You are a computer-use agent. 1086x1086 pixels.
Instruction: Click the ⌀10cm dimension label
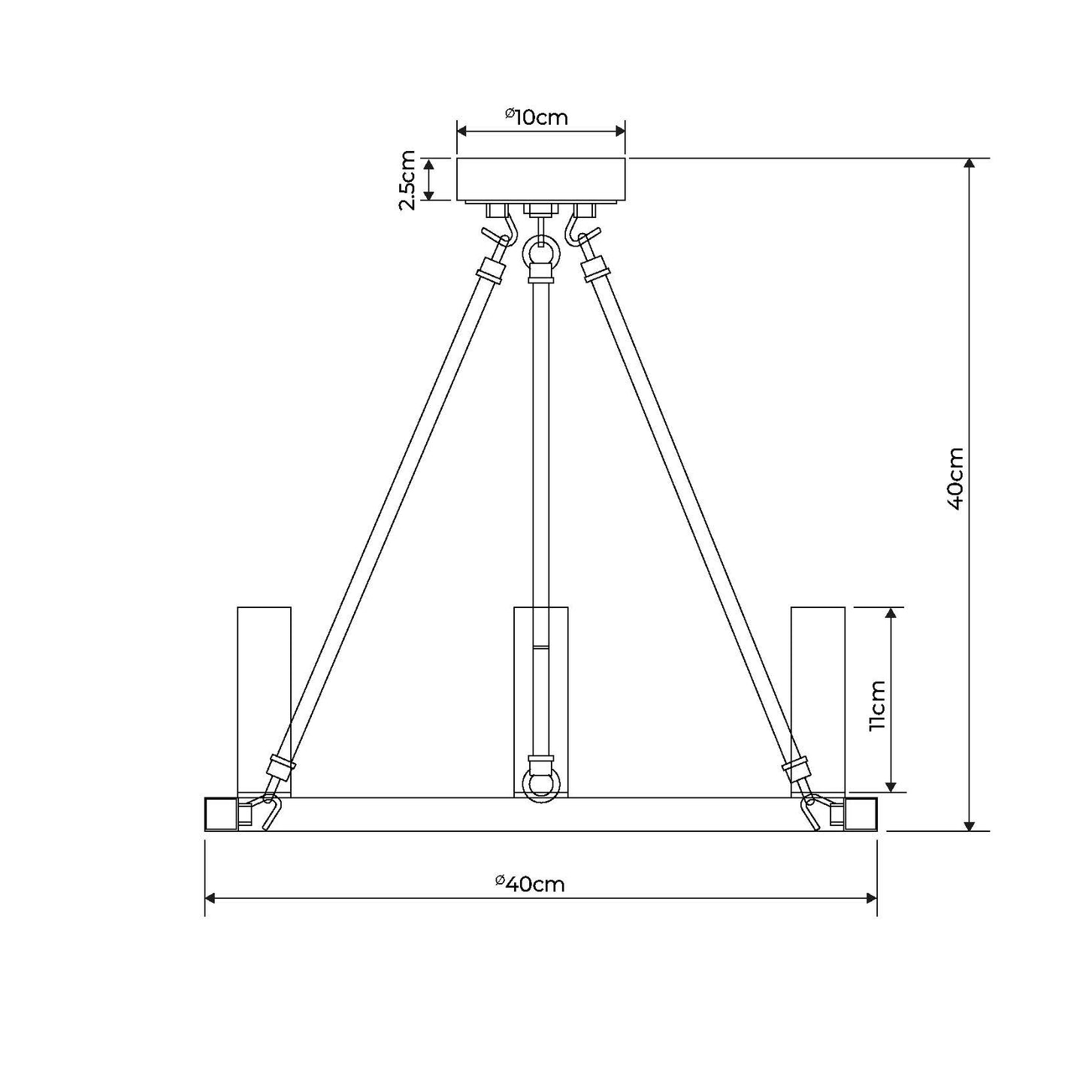[x=536, y=116]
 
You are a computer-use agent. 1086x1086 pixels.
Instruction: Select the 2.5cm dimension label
[x=407, y=180]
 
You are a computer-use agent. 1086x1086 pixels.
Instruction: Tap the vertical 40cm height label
[x=954, y=479]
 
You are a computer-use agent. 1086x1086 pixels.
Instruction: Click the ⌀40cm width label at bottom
[x=531, y=883]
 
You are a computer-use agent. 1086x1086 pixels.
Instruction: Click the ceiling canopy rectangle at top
[x=541, y=179]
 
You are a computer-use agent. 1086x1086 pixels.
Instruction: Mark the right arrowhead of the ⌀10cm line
[x=620, y=131]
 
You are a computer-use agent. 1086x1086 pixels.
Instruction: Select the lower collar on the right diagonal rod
[x=797, y=768]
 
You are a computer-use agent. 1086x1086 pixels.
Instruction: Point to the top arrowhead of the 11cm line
[x=891, y=613]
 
